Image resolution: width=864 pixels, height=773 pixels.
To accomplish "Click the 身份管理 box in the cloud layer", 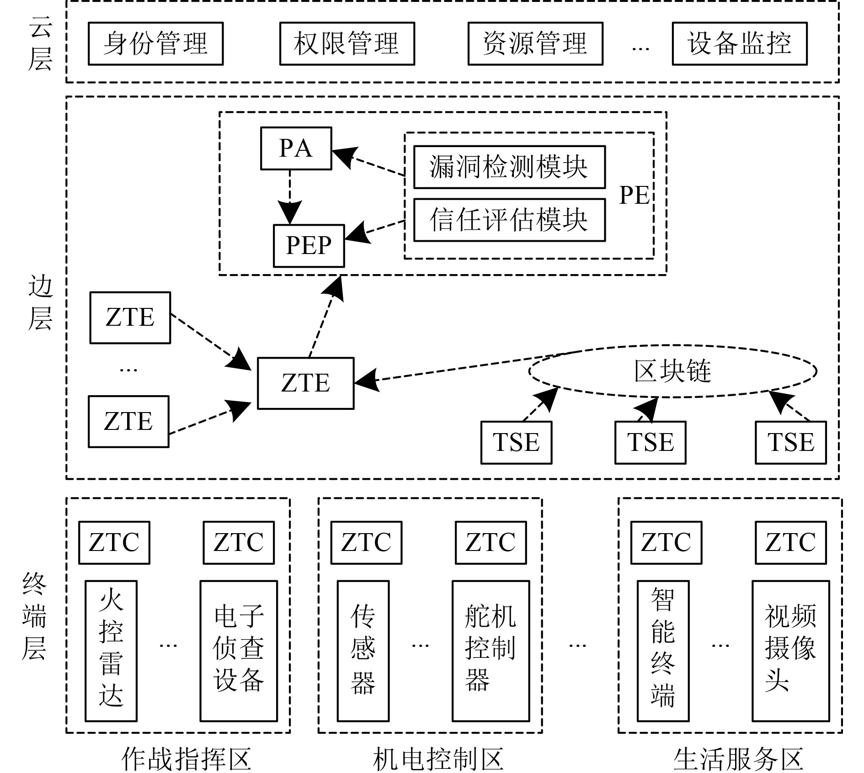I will pyautogui.click(x=155, y=44).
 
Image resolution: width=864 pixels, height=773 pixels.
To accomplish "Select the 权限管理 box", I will pyautogui.click(x=347, y=44).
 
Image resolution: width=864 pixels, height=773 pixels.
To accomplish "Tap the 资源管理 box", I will pyautogui.click(x=535, y=44).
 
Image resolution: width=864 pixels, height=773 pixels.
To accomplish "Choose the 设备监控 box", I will pyautogui.click(x=739, y=44).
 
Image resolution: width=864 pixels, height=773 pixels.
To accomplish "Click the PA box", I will pyautogui.click(x=296, y=148).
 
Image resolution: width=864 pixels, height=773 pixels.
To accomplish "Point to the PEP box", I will pyautogui.click(x=309, y=246).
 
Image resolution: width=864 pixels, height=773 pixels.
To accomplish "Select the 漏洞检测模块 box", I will pyautogui.click(x=509, y=167).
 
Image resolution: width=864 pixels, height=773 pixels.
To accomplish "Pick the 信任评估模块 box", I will pyautogui.click(x=509, y=220).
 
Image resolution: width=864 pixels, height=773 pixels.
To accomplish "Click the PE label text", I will pyautogui.click(x=634, y=196).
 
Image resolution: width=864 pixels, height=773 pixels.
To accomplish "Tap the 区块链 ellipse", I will pyautogui.click(x=672, y=371).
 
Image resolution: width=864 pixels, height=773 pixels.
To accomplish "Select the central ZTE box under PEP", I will pyautogui.click(x=305, y=383).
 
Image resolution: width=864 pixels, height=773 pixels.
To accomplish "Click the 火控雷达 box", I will pyautogui.click(x=111, y=651).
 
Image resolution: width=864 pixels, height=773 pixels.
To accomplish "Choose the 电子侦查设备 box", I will pyautogui.click(x=239, y=651).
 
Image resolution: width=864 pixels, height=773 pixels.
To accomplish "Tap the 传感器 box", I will pyautogui.click(x=363, y=651).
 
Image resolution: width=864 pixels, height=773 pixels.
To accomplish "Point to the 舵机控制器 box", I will pyautogui.click(x=491, y=651).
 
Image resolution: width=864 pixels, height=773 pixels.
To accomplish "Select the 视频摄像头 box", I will pyautogui.click(x=790, y=651).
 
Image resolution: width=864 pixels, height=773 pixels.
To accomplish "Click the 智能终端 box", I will pyautogui.click(x=663, y=651).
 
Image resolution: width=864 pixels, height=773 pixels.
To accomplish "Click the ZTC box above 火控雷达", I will pyautogui.click(x=114, y=542).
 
